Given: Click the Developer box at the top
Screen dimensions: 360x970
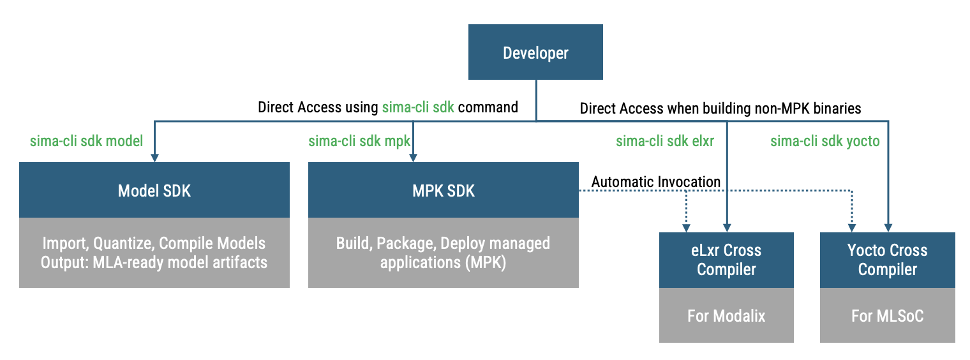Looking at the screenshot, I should point(535,52).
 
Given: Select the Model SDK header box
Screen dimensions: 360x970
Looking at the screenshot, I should point(154,190).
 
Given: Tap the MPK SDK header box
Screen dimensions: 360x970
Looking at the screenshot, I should point(443,190).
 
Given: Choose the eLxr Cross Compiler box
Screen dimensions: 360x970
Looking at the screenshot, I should point(726,260).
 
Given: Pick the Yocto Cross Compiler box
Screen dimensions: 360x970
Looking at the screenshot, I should point(887,260).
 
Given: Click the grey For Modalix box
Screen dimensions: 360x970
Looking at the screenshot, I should point(726,315).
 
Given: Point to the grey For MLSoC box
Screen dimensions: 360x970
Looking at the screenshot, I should point(887,315).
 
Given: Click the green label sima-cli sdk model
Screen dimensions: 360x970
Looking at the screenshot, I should point(87,141).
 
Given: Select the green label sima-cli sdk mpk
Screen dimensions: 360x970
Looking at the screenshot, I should point(359,141).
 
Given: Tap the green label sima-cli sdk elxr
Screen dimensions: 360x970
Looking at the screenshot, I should point(664,141).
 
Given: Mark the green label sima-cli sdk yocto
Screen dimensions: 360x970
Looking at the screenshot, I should point(825,141).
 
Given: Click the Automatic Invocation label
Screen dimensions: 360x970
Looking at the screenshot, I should point(656,182).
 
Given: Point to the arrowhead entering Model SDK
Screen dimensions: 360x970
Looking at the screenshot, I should point(154,158).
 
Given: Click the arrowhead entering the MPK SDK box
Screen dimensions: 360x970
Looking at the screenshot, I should point(414,158).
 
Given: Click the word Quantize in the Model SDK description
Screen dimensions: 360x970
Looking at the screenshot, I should point(121,243).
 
